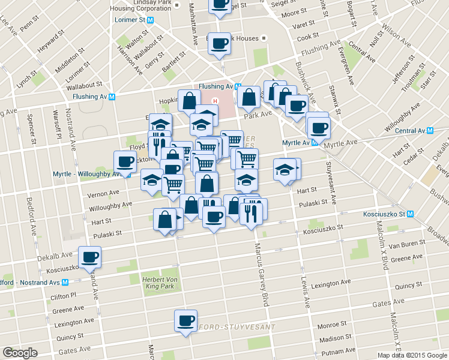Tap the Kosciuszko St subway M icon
coord(411,214)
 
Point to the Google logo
coord(20,353)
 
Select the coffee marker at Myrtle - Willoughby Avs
coord(125,161)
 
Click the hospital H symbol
coord(215,100)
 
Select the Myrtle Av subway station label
coord(297,143)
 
